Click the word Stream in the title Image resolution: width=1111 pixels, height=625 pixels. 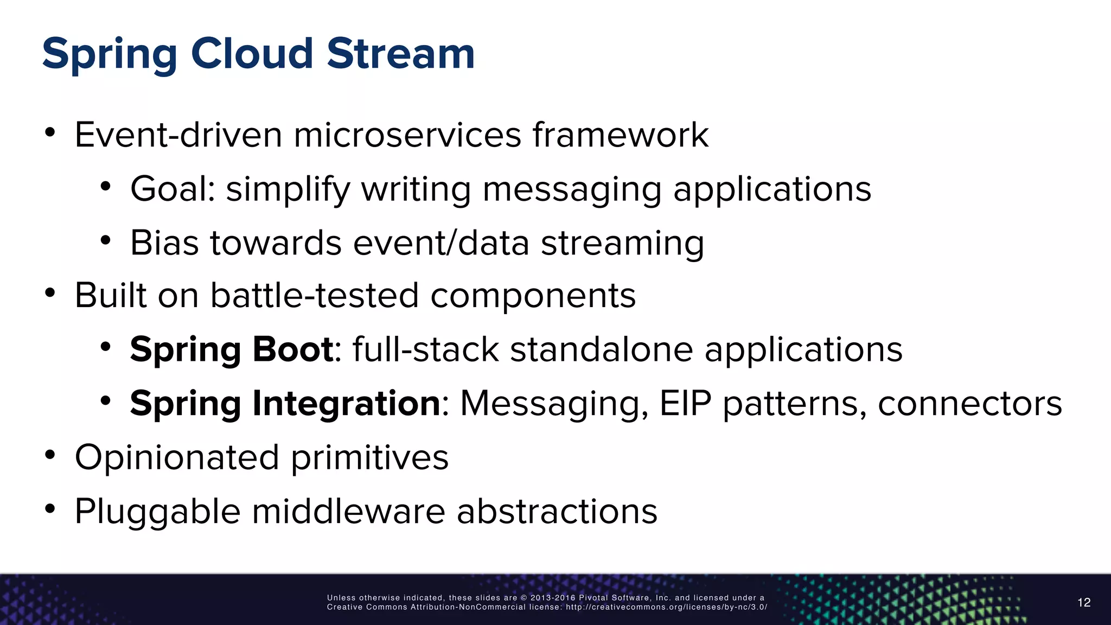400,54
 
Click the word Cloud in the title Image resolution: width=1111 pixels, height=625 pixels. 252,54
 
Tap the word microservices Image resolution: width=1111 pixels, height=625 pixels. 407,135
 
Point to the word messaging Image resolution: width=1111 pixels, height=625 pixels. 572,190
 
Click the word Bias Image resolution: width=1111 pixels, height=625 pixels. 164,243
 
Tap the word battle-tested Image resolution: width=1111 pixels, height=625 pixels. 315,296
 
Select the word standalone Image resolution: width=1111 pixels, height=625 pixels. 601,349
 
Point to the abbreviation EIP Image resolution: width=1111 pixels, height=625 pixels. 685,404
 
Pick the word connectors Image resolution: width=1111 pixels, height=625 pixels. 969,404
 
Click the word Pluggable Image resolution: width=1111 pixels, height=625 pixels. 157,512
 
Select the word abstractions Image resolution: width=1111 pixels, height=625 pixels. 557,512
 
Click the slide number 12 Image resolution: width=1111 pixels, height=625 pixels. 1083,602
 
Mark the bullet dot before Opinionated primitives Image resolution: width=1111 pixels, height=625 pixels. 50,455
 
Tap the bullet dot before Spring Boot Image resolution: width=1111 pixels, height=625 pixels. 105,346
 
